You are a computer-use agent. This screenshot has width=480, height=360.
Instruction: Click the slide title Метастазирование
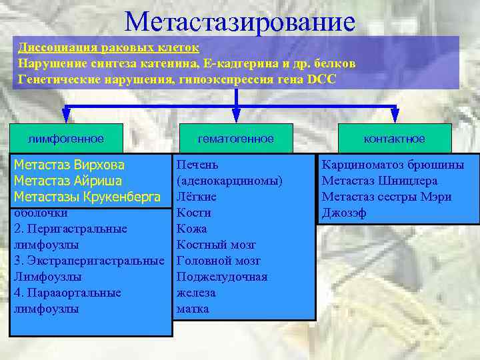click(x=239, y=21)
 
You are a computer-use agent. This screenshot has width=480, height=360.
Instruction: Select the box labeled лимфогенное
click(x=65, y=139)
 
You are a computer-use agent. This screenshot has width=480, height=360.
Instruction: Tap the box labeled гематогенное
click(x=235, y=139)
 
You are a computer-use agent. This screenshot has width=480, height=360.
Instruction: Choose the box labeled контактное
click(x=394, y=139)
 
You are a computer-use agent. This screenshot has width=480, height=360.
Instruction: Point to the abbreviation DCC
click(x=323, y=79)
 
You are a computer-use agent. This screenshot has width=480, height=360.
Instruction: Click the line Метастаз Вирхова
click(x=69, y=165)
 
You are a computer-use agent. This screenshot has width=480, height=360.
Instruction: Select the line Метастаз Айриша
click(x=68, y=181)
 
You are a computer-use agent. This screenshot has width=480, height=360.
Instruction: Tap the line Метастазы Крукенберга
click(x=87, y=197)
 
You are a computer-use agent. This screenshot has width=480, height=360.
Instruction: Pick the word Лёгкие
click(x=197, y=197)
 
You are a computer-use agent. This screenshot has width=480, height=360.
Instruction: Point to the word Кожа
click(x=191, y=229)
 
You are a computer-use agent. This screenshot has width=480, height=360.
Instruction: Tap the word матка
click(x=193, y=309)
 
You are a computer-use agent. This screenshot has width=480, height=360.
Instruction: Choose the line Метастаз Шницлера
click(x=379, y=181)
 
